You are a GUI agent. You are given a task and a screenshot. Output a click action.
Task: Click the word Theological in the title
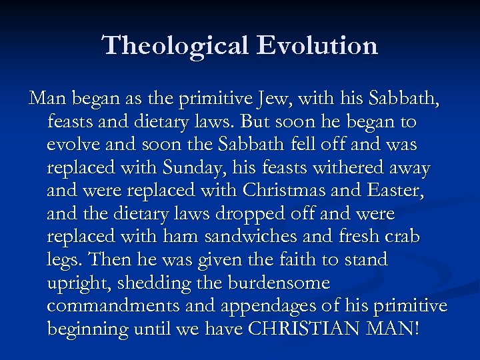click(175, 45)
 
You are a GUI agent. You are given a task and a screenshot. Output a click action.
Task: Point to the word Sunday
click(209, 169)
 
